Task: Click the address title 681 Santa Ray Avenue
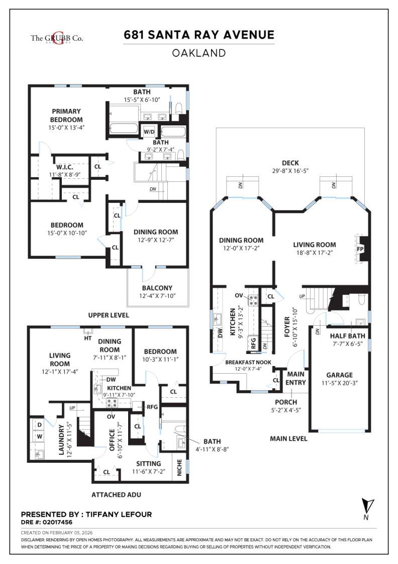199,35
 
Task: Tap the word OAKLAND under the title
199,52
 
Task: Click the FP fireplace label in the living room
360,249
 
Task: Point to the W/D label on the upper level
149,132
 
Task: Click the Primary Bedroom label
66,115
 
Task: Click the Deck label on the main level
290,163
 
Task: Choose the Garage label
339,375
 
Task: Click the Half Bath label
348,336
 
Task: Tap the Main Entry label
296,378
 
